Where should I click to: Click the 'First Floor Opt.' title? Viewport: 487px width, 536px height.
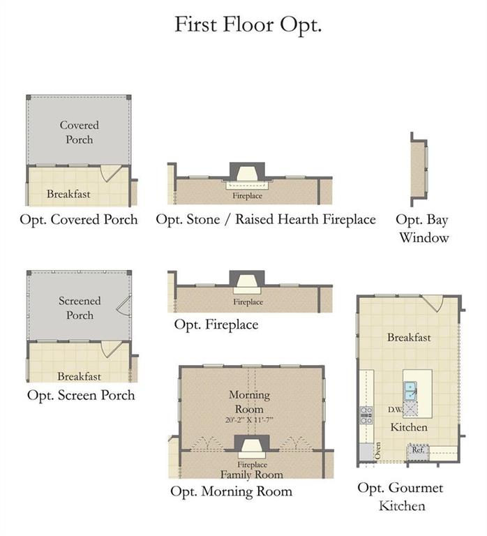[248, 25]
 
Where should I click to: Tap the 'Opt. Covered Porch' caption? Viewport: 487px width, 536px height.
[79, 220]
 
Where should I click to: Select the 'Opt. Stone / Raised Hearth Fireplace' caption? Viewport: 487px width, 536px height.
[266, 219]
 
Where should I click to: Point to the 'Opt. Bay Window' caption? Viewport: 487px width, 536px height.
[423, 229]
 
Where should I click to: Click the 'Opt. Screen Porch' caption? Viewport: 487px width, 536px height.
[81, 396]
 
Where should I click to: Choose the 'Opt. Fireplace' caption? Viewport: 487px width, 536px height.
[216, 325]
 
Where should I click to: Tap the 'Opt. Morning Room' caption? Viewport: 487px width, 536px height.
[232, 491]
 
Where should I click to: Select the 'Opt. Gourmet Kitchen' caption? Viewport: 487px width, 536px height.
[400, 497]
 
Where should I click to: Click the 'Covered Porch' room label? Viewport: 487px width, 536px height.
[80, 133]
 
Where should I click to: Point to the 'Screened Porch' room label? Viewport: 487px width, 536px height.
[80, 308]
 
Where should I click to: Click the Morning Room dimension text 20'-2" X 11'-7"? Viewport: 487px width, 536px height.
[249, 419]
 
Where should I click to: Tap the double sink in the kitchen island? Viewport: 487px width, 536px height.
[410, 391]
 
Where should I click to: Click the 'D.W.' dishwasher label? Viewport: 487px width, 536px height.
[396, 409]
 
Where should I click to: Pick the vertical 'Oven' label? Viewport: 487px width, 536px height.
[377, 451]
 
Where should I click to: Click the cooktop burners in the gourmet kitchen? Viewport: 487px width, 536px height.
[366, 415]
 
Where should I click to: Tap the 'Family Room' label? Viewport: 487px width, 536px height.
[252, 475]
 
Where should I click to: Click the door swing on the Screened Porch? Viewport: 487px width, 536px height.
[123, 305]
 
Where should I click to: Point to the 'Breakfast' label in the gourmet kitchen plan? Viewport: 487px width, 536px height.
[409, 337]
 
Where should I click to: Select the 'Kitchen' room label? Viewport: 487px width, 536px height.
[409, 427]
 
